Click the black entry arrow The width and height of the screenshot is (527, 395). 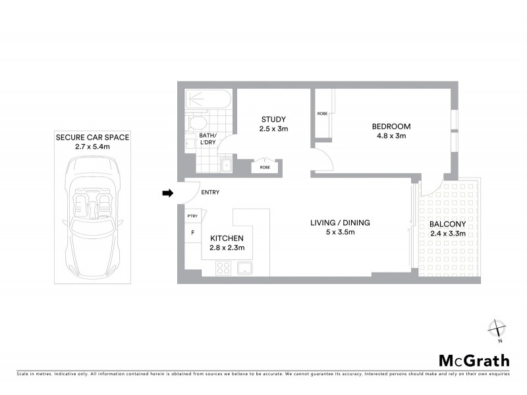tap(167, 193)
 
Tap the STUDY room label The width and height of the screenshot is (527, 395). tap(274, 119)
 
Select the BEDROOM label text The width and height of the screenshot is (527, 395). tap(391, 126)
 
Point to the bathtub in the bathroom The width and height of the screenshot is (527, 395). tap(208, 99)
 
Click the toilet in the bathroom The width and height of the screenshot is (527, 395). tap(197, 123)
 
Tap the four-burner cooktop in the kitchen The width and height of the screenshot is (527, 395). tap(223, 268)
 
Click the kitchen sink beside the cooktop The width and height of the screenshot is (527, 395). tap(246, 268)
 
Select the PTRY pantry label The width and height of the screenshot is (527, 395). tap(192, 216)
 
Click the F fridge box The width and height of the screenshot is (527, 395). tap(193, 232)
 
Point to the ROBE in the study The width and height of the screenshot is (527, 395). tap(265, 167)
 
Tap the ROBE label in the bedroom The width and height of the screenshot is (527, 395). tap(322, 114)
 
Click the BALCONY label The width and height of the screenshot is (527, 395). tap(448, 224)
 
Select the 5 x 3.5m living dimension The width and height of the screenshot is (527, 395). tap(341, 232)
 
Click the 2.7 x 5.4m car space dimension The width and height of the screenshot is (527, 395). tap(92, 147)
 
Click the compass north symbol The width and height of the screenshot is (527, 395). tap(498, 329)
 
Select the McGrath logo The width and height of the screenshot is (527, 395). tap(474, 360)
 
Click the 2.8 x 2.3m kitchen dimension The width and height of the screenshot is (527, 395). tap(227, 248)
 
